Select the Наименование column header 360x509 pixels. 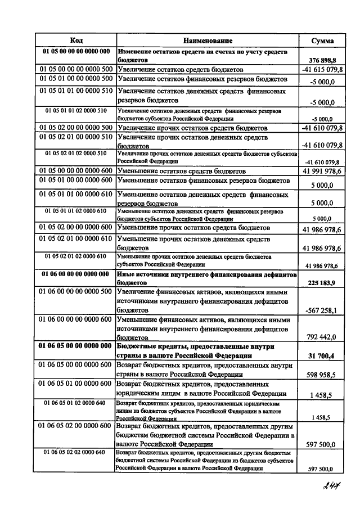click(x=208, y=40)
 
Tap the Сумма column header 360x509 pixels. click(x=322, y=40)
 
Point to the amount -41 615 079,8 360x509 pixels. click(x=322, y=69)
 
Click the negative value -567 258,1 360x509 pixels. click(x=322, y=310)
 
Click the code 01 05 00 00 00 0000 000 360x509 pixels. click(x=76, y=51)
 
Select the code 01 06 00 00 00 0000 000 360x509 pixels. click(x=76, y=274)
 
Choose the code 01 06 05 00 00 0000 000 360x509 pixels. click(x=76, y=347)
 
